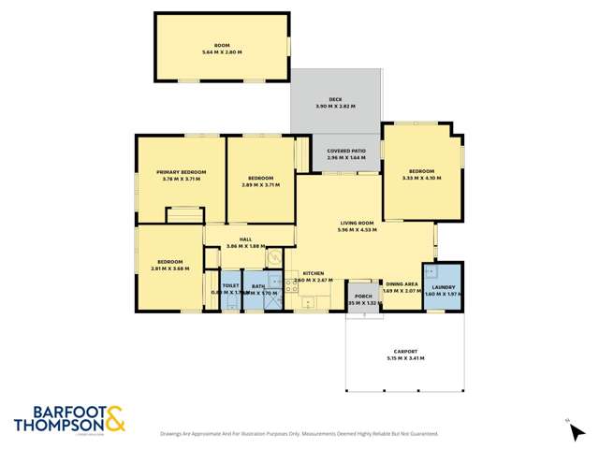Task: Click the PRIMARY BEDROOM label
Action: click(x=182, y=172)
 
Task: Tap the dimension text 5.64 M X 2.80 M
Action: click(x=221, y=52)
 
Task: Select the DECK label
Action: click(x=334, y=99)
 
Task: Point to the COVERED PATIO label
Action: click(x=345, y=151)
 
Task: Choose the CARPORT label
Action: click(x=404, y=351)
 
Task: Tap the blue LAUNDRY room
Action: click(x=443, y=286)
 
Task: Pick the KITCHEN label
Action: click(x=314, y=273)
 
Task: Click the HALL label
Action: click(x=245, y=239)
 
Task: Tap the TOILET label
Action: click(x=230, y=286)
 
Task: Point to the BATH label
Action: click(x=258, y=286)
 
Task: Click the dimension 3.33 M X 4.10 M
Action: click(x=420, y=178)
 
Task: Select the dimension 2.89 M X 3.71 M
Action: click(x=260, y=184)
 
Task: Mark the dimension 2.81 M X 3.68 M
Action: click(x=169, y=268)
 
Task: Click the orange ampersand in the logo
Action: click(x=114, y=418)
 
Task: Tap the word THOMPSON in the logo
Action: click(x=57, y=425)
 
